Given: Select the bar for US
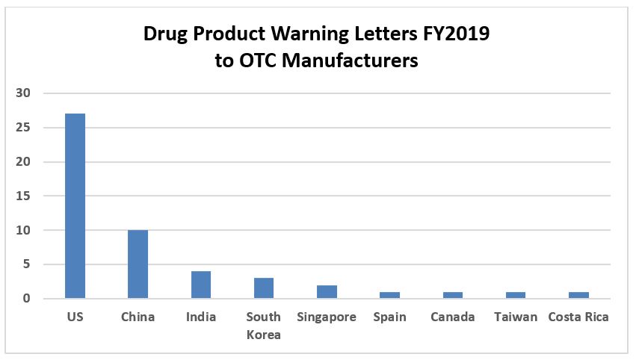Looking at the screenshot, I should (x=75, y=206).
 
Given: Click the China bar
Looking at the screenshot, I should (x=138, y=264).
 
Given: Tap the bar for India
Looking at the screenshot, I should (x=200, y=285).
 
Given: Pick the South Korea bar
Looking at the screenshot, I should (x=264, y=288).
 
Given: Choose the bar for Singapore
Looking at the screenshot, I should (x=327, y=292).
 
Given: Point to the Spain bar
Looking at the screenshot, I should (x=389, y=295).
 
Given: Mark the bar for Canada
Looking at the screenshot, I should (x=452, y=295).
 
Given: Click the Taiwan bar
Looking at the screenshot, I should (x=516, y=295).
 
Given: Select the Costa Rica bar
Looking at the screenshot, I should (x=578, y=295).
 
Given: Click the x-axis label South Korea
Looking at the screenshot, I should (x=264, y=326).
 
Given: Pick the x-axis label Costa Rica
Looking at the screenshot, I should (x=578, y=317).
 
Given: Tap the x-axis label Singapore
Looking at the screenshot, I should (x=327, y=317).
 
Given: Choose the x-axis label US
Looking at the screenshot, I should (x=75, y=317).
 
